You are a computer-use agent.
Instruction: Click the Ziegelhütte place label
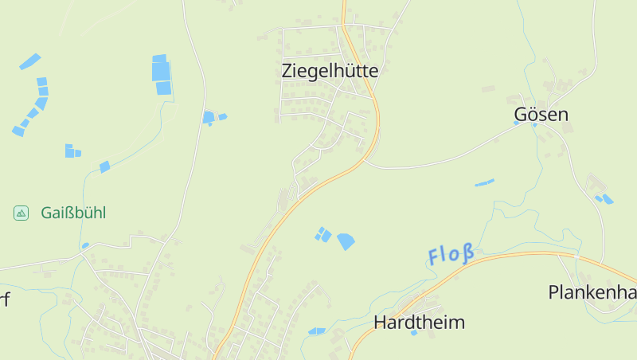point(330,70)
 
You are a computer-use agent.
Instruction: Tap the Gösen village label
point(541,115)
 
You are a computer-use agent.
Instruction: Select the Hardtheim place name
point(419,323)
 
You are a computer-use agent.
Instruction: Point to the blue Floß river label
point(451,255)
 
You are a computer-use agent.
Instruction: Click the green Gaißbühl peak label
point(73,213)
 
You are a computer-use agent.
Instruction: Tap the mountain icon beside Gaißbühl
point(21,213)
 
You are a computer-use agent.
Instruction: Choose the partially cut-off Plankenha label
point(592,292)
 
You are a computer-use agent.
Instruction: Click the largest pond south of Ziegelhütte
point(346,241)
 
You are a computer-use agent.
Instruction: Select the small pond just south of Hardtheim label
point(413,333)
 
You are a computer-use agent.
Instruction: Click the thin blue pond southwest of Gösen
point(484,183)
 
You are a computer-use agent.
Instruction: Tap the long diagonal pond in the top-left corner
point(29,61)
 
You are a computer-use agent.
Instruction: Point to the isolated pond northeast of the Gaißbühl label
point(104,166)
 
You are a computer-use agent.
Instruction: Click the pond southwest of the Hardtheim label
point(316,331)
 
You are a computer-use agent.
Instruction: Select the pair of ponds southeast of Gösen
point(604,198)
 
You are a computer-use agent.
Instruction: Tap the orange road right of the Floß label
point(526,255)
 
